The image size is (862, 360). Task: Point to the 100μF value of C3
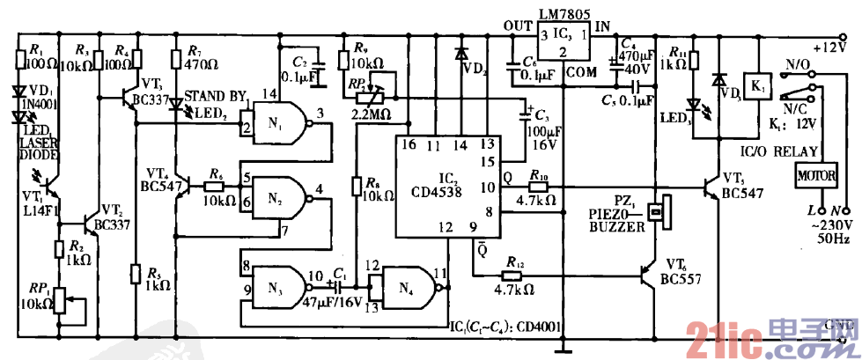(541, 129)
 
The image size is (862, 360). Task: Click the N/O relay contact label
(796, 63)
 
